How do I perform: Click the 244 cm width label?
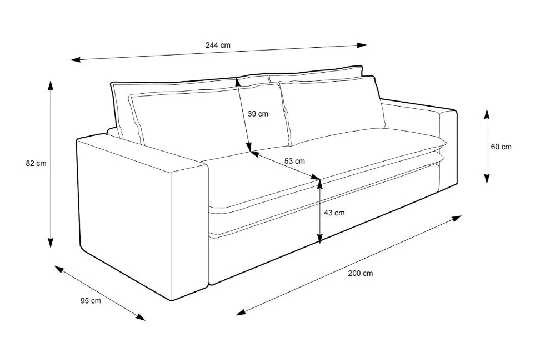pyautogui.click(x=218, y=45)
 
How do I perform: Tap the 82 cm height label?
pyautogui.click(x=36, y=163)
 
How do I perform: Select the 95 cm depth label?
pyautogui.click(x=91, y=301)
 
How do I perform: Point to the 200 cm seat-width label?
pyautogui.click(x=361, y=274)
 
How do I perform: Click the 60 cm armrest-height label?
pyautogui.click(x=501, y=147)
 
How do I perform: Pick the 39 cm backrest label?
pyautogui.click(x=258, y=114)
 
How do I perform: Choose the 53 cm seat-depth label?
pyautogui.click(x=295, y=161)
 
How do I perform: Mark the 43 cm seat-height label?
pyautogui.click(x=334, y=213)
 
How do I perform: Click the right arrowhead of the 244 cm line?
pyautogui.click(x=362, y=45)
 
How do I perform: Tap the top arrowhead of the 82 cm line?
pyautogui.click(x=51, y=85)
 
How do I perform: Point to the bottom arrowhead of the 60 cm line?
pyautogui.click(x=487, y=179)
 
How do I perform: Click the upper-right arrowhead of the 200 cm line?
pyautogui.click(x=457, y=218)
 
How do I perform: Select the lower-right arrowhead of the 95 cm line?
pyautogui.click(x=141, y=317)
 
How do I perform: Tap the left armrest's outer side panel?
pyautogui.click(x=125, y=219)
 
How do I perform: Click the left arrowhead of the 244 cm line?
pyautogui.click(x=76, y=60)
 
